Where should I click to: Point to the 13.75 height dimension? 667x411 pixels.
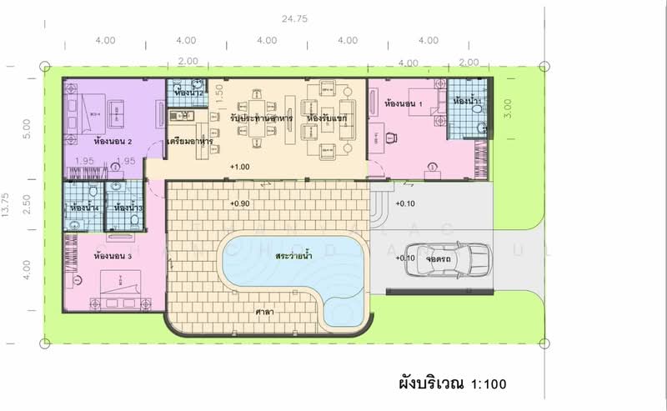tap(8, 205)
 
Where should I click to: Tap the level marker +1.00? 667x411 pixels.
tap(240, 168)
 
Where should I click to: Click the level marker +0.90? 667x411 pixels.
tap(240, 203)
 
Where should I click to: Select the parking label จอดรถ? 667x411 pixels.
tap(438, 258)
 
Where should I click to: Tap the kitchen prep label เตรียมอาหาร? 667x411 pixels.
tap(190, 143)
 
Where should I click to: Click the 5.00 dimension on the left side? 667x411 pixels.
tap(28, 128)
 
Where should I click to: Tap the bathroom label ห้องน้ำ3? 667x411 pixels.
tap(128, 208)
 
